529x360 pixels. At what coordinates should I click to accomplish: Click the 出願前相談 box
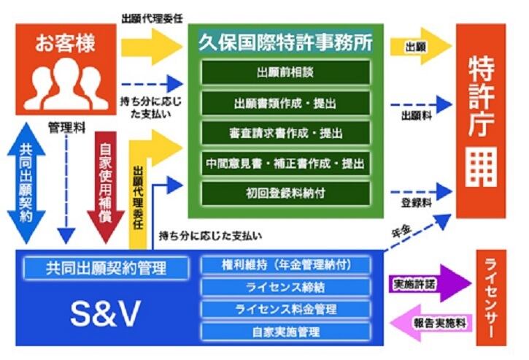point(285,73)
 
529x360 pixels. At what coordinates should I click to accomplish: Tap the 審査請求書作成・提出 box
point(285,133)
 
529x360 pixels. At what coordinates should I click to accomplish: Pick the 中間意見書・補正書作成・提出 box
point(285,163)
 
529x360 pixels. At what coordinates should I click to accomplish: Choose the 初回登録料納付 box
point(285,193)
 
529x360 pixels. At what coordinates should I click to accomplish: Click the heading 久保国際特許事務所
point(285,42)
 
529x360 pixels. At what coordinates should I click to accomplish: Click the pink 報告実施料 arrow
point(430,322)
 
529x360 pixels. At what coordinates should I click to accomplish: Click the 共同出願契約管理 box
point(105,267)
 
